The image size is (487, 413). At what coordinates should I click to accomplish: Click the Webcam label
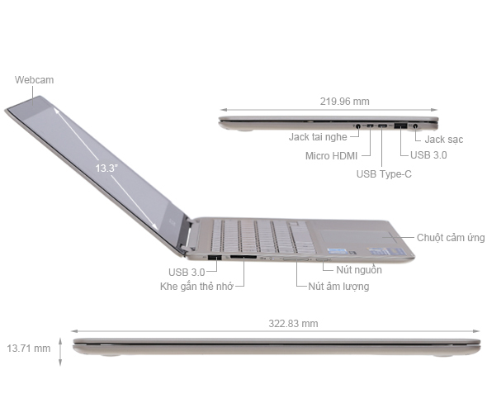35,80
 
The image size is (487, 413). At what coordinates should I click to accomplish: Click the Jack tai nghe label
318,138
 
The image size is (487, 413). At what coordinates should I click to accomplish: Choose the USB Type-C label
383,173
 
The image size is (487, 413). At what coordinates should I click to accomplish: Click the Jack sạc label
444,140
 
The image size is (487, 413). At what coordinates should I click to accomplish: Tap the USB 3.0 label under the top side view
428,154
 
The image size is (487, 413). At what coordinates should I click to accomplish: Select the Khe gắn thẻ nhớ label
197,287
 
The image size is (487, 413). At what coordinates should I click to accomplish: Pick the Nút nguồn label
357,270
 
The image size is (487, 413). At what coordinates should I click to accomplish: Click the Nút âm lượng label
338,287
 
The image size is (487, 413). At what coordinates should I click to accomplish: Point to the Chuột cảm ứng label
451,238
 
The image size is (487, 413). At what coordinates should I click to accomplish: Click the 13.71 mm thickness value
28,349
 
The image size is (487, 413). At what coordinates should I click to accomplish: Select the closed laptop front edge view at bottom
276,347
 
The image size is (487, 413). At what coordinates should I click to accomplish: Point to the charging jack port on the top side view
415,125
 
